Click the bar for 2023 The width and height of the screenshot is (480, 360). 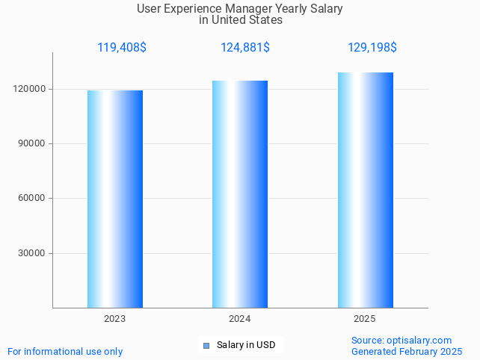(115, 199)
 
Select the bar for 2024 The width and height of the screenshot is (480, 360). (240, 194)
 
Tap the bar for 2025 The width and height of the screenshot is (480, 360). (365, 190)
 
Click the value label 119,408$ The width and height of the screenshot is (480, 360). (122, 48)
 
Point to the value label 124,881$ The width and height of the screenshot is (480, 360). (245, 48)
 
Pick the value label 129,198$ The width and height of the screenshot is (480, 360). (372, 48)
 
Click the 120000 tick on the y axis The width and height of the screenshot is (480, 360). (31, 89)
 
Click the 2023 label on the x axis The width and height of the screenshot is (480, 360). (114, 319)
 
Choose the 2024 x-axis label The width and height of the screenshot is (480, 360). (239, 319)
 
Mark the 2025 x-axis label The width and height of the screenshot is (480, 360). (365, 319)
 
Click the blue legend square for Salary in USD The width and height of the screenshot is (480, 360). (207, 345)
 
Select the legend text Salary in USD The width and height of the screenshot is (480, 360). (246, 345)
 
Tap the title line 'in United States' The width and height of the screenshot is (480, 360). (241, 20)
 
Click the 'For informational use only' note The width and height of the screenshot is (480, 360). (65, 351)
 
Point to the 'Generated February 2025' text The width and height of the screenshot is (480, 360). (407, 351)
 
